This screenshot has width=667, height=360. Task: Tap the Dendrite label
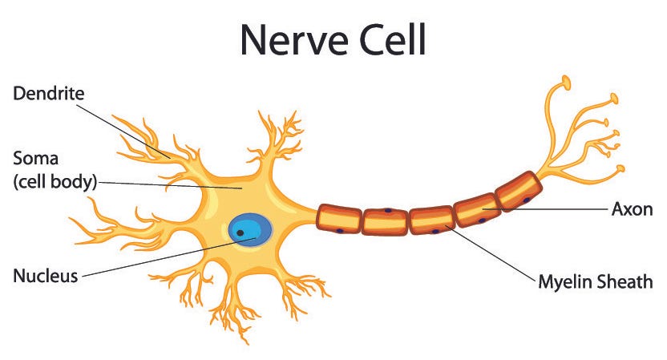click(x=49, y=95)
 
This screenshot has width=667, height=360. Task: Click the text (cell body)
click(x=55, y=182)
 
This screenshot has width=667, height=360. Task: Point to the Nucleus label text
click(x=45, y=277)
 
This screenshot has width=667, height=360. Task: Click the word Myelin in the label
click(x=565, y=281)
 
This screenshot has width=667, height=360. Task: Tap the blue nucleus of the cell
click(x=249, y=229)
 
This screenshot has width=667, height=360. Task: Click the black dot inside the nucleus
click(x=240, y=233)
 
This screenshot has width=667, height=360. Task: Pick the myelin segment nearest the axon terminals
click(x=519, y=191)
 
